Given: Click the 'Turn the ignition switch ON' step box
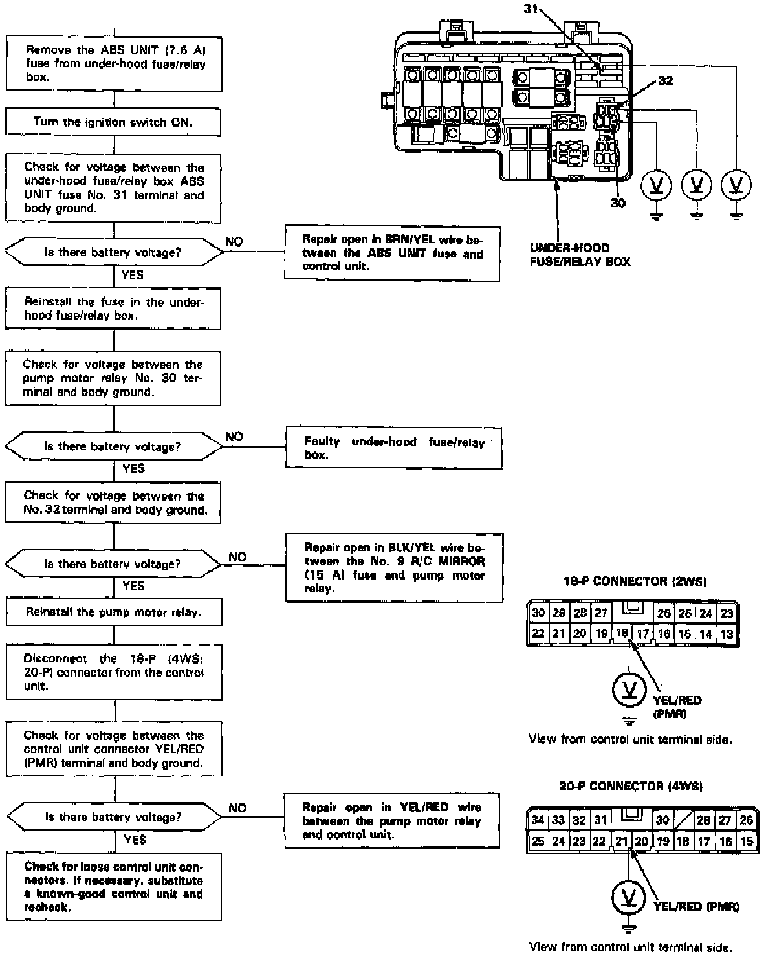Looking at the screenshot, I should [113, 122].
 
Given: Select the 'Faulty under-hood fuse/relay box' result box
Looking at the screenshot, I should [393, 448].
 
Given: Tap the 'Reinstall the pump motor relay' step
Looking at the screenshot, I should [113, 612].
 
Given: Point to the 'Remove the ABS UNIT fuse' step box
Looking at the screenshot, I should [114, 63].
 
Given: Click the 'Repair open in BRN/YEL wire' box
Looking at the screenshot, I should [392, 253].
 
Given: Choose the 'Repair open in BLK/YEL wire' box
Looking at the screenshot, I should [394, 568].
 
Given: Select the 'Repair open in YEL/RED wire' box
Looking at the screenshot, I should [391, 821].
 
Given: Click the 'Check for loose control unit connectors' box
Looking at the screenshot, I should [114, 887].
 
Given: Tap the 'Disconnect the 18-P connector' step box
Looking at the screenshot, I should [114, 672].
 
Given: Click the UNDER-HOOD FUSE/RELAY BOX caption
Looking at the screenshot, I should [580, 255].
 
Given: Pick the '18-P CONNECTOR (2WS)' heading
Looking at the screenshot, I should [634, 581].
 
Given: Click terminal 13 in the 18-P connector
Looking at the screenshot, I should [727, 634].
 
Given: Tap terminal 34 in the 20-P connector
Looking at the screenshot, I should [538, 820].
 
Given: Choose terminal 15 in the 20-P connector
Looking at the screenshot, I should [747, 842].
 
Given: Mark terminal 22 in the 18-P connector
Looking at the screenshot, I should [538, 634].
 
